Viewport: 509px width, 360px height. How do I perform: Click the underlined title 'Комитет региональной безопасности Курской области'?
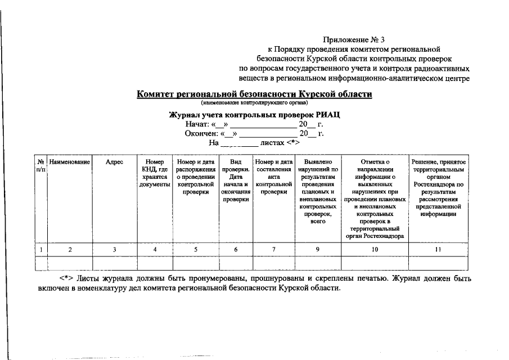(255, 94)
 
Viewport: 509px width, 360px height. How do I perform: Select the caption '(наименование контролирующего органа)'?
(255, 103)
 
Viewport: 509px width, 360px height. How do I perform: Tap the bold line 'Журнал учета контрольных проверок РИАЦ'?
(255, 115)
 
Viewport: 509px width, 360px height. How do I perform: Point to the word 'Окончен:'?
(201, 134)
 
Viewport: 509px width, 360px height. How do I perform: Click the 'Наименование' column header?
(70, 162)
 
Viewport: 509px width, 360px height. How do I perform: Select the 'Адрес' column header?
(115, 162)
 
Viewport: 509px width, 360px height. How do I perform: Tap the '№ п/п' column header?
(40, 165)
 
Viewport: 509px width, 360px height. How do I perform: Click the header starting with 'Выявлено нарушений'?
(318, 191)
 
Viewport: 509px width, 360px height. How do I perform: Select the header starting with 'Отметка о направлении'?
(376, 199)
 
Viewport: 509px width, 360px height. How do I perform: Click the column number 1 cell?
(40, 249)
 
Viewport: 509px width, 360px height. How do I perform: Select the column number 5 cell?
(196, 249)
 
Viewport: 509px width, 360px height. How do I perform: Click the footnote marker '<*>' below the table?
(68, 278)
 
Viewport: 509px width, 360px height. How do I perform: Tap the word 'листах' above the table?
(273, 143)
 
